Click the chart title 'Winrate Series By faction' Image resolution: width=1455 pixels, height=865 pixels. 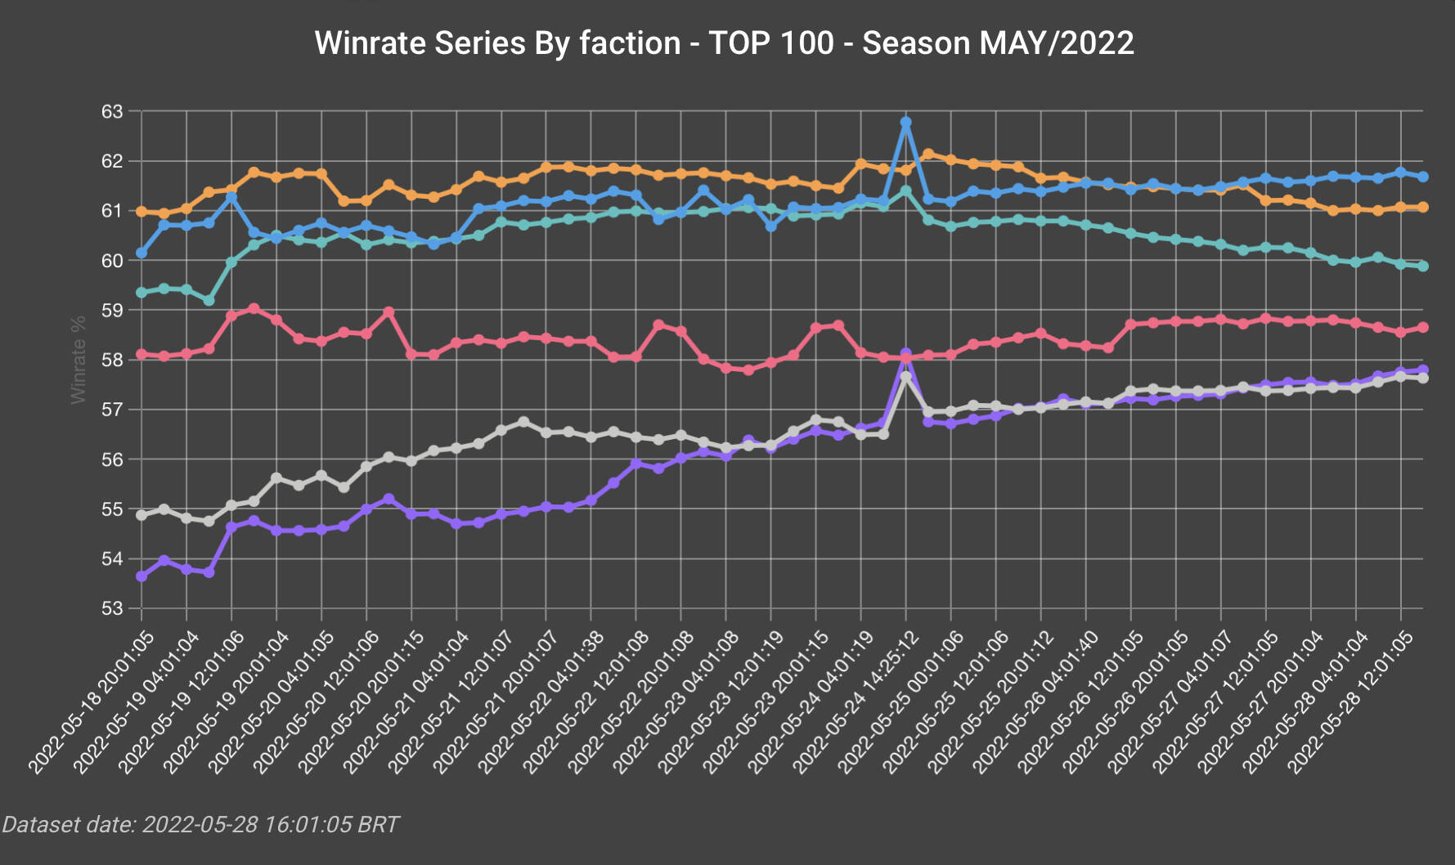point(497,43)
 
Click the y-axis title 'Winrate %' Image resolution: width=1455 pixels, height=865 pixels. point(79,360)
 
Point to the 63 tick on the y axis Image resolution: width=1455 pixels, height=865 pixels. point(112,111)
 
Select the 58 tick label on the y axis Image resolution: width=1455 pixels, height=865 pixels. point(112,360)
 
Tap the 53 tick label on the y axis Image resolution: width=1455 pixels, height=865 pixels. point(112,609)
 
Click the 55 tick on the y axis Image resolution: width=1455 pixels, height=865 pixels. point(112,509)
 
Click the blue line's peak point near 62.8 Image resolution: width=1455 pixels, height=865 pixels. point(905,122)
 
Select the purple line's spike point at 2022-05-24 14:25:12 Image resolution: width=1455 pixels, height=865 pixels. point(905,353)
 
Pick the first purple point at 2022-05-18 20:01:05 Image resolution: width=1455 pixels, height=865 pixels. point(141,576)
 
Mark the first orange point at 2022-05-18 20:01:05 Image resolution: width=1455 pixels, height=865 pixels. point(141,211)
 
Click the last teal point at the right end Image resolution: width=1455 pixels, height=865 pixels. point(1423,266)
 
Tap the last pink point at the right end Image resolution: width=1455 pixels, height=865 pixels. point(1423,327)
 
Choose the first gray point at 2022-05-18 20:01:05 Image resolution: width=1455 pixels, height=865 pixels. point(141,515)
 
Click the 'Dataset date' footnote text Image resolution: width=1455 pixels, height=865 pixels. point(200,824)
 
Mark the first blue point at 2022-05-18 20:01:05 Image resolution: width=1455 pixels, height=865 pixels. point(141,253)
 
